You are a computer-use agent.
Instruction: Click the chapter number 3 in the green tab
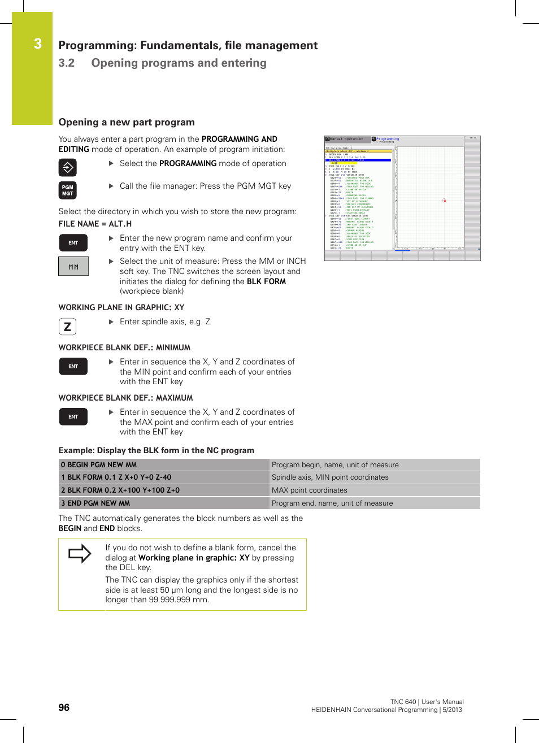(x=38, y=44)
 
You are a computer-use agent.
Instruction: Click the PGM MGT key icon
(x=67, y=190)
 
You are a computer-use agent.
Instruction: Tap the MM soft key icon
(x=73, y=266)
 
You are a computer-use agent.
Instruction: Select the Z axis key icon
(x=67, y=326)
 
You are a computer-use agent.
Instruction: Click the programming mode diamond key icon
(x=67, y=167)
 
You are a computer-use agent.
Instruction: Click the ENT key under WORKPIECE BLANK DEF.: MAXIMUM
(x=73, y=416)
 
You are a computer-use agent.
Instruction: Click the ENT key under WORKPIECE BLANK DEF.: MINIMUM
(x=73, y=366)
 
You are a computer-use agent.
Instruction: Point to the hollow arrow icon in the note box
(x=80, y=553)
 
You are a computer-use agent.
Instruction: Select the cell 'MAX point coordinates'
(x=309, y=490)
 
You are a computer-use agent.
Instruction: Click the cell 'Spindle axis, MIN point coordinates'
(x=330, y=477)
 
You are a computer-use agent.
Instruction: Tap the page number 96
(x=64, y=707)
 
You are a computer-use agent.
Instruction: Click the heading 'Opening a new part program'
(x=127, y=122)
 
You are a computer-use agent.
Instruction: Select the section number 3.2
(x=67, y=63)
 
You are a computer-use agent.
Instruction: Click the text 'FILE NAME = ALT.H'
(x=95, y=224)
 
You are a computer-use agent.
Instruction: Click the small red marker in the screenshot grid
(x=444, y=201)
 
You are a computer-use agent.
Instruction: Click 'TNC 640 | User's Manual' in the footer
(x=427, y=702)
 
